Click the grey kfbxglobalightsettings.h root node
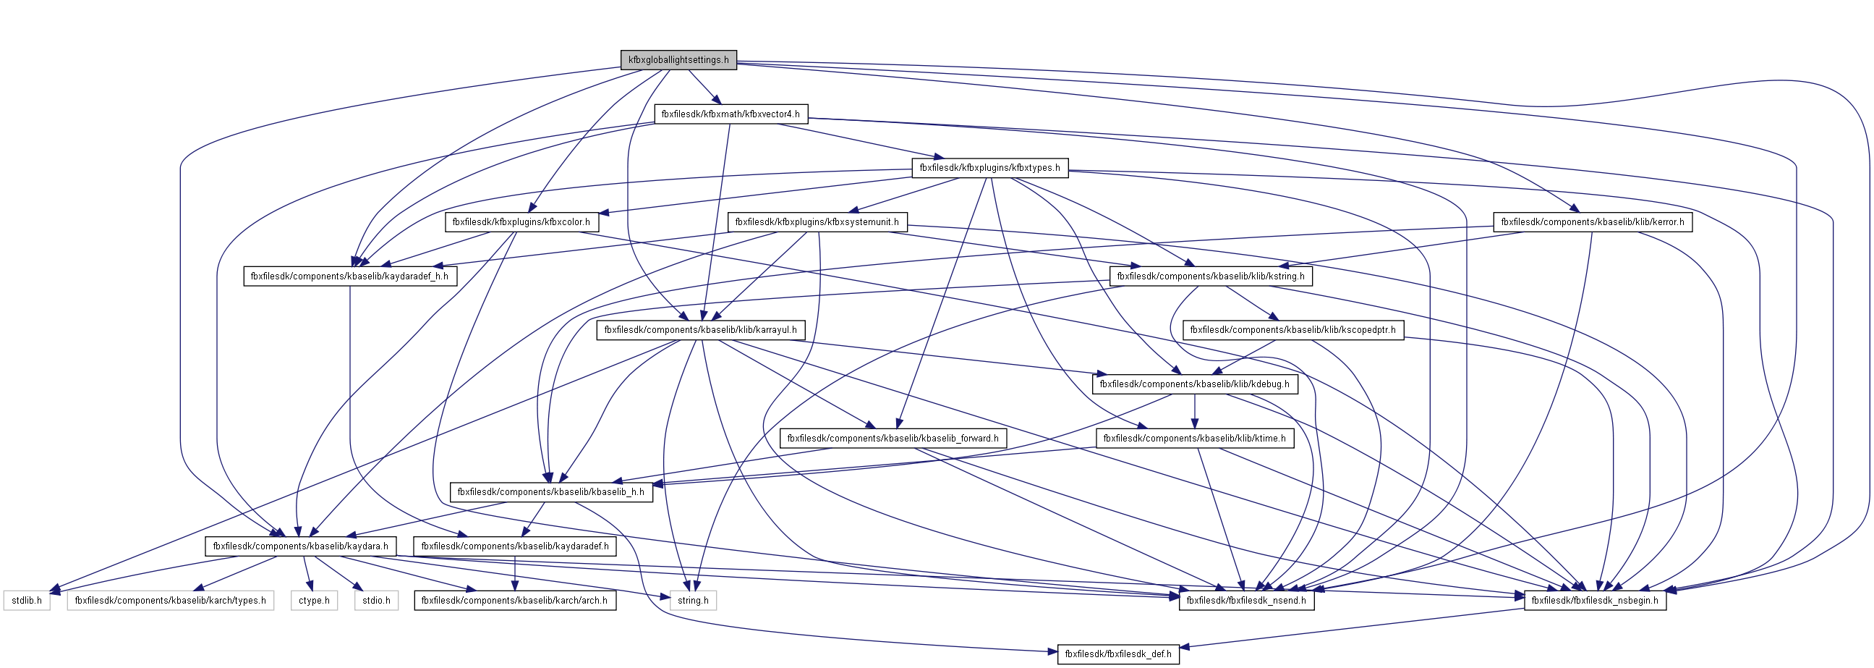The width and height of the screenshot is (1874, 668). point(678,59)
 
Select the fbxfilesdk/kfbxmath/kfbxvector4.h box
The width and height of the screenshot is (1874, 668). point(731,114)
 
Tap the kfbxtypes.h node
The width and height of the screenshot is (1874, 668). point(989,168)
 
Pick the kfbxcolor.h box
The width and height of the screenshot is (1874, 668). point(521,222)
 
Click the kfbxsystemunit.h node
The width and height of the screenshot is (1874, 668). point(817,222)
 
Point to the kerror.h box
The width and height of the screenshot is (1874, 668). point(1593,222)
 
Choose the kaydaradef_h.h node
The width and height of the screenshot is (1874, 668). point(349,276)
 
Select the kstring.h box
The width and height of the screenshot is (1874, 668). point(1211,276)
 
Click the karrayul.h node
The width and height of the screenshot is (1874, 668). point(701,329)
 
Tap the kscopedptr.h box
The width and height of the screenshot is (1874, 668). point(1292,329)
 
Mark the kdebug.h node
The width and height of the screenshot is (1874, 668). point(1194,384)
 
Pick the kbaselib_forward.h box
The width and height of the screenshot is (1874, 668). point(893,438)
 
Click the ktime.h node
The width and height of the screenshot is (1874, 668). point(1195,438)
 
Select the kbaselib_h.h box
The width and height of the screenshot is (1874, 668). point(550,492)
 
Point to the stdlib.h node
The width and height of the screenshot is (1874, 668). point(27,600)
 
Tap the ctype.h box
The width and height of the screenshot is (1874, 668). point(315,600)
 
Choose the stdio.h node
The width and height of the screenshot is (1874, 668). point(377,600)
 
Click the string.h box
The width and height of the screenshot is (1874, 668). point(693,600)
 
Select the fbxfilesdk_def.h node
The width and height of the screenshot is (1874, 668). point(1118,654)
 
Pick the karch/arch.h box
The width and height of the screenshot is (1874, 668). point(514,600)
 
